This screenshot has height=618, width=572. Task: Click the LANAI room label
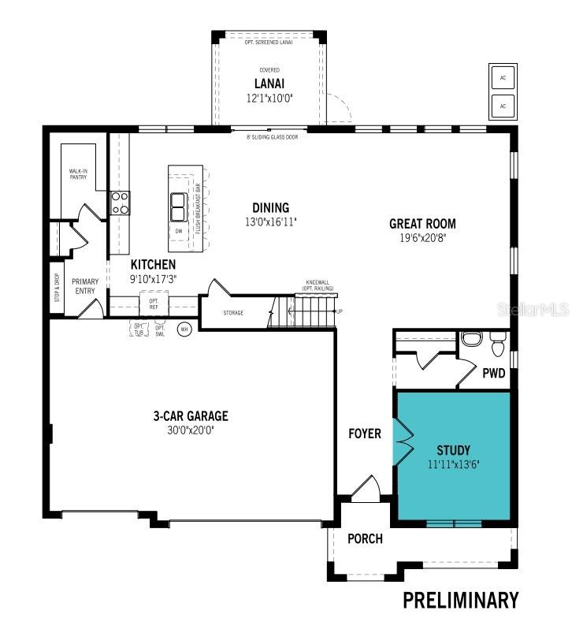coord(269,84)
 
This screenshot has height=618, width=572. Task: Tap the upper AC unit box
coord(502,77)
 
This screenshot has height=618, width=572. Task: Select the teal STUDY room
coord(453,456)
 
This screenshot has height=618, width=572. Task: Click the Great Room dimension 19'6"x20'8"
coord(422,237)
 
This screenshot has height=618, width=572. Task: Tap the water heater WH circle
coord(185,329)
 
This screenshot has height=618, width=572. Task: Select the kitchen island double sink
coord(178,207)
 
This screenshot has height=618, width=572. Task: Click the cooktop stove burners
coord(120,203)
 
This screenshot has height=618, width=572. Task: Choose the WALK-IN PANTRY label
coord(77,174)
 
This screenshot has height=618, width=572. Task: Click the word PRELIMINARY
coord(461,600)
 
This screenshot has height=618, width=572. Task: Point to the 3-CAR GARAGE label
coord(191,416)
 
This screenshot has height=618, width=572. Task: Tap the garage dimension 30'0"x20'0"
coord(191,430)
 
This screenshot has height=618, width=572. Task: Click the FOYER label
coord(365,434)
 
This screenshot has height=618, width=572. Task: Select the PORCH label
coord(365,539)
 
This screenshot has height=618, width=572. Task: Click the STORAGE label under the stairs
coord(232,313)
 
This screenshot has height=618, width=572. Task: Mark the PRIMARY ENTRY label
coord(85,285)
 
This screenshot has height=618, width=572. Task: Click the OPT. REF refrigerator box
coord(154,303)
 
